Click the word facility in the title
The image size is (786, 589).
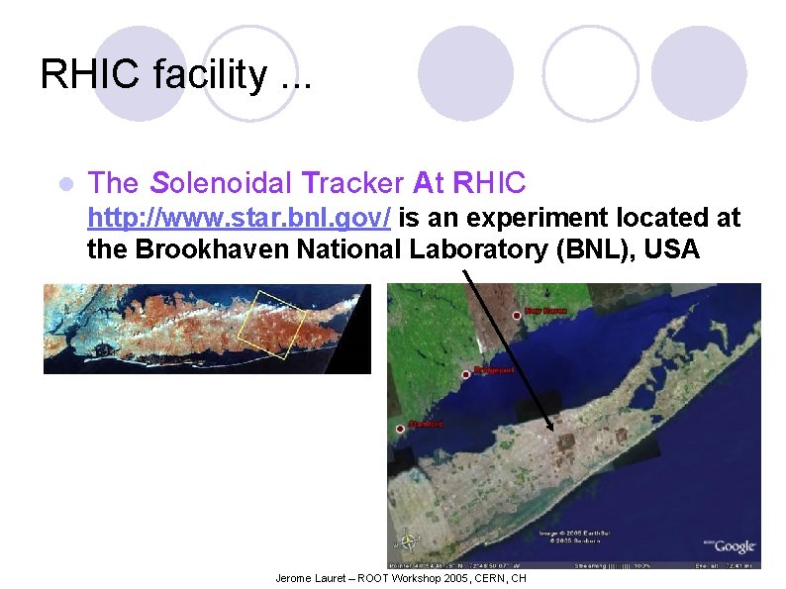[x=206, y=74]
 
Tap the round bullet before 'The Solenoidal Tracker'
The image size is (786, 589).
[x=65, y=184]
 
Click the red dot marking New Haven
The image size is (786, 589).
[x=517, y=315]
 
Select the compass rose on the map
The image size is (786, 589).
[x=406, y=540]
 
